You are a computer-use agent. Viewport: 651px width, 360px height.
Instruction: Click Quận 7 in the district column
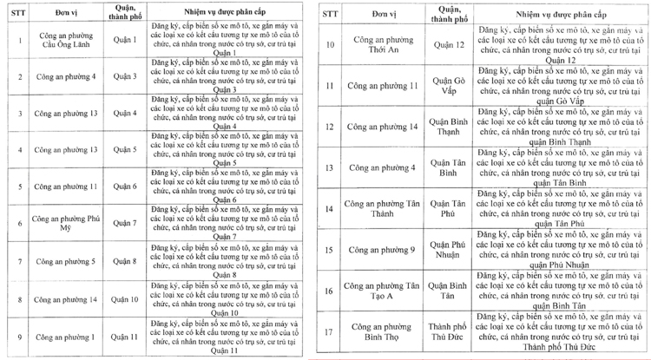pos(124,223)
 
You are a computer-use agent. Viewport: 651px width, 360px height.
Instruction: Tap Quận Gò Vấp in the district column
pos(449,87)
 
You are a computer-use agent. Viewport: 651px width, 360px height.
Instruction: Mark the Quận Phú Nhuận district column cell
pos(449,250)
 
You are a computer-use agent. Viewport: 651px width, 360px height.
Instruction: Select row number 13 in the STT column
pos(329,167)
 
